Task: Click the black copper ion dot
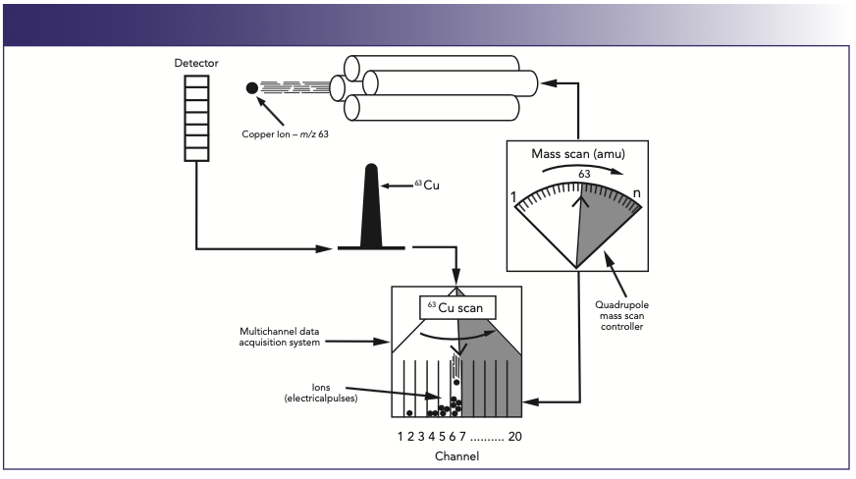pyautogui.click(x=252, y=87)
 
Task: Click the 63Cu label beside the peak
pyautogui.click(x=423, y=185)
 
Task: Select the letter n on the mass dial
pyautogui.click(x=636, y=193)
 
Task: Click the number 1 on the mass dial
pyautogui.click(x=514, y=197)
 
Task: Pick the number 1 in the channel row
pyautogui.click(x=401, y=436)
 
